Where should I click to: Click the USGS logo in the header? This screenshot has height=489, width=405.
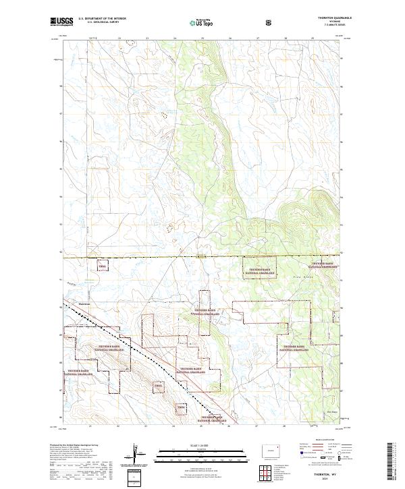coord(61,22)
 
